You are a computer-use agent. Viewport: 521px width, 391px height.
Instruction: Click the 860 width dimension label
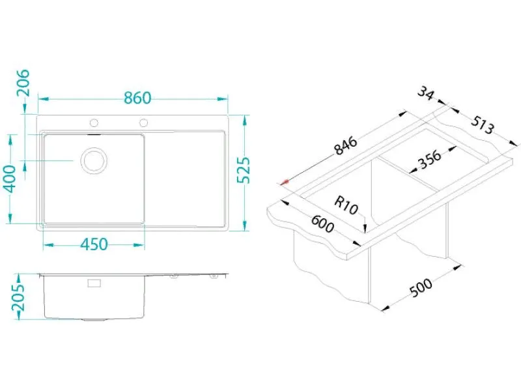(x=137, y=98)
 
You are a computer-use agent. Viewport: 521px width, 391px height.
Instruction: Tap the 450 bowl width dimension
(x=94, y=244)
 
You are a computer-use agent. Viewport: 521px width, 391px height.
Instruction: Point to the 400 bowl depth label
(x=12, y=179)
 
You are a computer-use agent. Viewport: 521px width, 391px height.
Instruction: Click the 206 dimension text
(x=23, y=83)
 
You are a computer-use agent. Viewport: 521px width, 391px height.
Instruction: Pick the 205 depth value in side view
(x=19, y=297)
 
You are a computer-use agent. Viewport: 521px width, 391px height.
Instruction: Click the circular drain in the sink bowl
(x=94, y=160)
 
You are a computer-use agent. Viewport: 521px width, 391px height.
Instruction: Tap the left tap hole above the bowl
(x=94, y=123)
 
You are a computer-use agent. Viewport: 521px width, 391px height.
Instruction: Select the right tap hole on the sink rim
(x=143, y=123)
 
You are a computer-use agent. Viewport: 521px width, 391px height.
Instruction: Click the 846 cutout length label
(x=346, y=145)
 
